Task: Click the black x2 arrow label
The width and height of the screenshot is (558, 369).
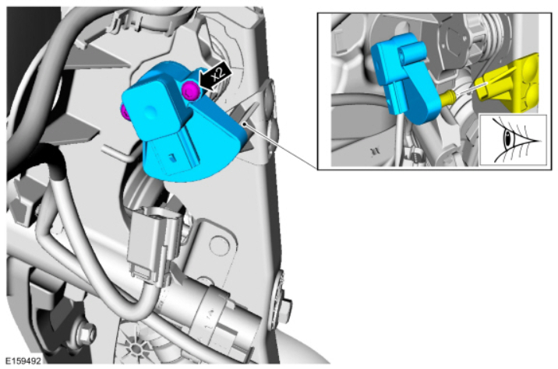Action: tap(216, 77)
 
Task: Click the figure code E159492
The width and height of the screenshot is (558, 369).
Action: tap(23, 360)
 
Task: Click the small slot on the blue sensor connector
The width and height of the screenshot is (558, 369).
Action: tap(172, 156)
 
